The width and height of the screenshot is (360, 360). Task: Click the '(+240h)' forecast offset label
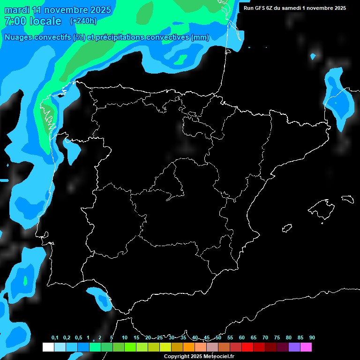pyautogui.click(x=83, y=21)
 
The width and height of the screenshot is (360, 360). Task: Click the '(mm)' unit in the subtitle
pyautogui.click(x=200, y=37)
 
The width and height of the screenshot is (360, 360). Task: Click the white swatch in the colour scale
pyautogui.click(x=48, y=347)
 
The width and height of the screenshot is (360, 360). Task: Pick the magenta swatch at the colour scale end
pyautogui.click(x=306, y=347)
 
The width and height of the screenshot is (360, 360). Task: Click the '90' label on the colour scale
pyautogui.click(x=312, y=337)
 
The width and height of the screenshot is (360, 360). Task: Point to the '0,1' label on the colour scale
pyautogui.click(x=55, y=337)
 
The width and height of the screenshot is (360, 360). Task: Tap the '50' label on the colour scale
pyautogui.click(x=218, y=337)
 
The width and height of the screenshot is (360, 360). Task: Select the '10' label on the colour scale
pyautogui.click(x=125, y=337)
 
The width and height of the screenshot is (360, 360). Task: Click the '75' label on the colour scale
pyautogui.click(x=277, y=337)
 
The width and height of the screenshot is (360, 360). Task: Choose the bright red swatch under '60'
pyautogui.click(x=247, y=347)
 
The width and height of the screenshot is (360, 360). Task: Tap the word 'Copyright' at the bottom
pyautogui.click(x=177, y=356)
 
